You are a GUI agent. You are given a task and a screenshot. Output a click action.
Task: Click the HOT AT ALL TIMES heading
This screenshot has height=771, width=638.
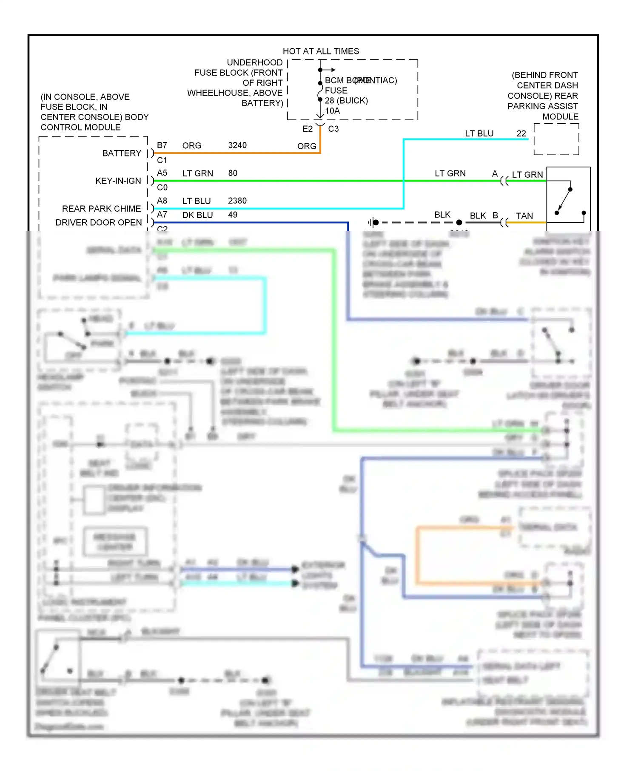point(321,51)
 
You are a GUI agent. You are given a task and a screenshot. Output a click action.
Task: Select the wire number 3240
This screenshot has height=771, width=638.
point(237,145)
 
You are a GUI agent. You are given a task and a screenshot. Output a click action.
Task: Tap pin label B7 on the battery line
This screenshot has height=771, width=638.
point(162,145)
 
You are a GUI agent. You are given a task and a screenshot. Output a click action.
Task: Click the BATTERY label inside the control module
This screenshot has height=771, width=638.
point(122,153)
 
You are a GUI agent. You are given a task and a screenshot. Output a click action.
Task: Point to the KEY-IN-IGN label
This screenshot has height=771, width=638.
point(118,181)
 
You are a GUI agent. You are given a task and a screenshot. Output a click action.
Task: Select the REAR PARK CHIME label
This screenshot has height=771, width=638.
point(101,209)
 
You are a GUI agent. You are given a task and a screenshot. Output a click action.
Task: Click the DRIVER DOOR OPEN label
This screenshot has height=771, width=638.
point(99,223)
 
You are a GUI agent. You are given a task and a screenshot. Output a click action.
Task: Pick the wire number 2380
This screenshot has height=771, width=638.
point(237,201)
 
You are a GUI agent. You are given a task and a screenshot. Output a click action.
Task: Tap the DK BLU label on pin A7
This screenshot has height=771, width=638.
point(197,215)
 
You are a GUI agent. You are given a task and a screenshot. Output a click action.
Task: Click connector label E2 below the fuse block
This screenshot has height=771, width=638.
point(308,129)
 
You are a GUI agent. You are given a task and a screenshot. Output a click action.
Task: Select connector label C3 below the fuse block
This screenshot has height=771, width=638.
point(333,129)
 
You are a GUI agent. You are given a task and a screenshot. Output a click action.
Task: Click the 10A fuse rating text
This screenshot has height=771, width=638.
point(333,111)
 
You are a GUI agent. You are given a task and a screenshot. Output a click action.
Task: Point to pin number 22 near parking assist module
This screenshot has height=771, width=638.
point(521,133)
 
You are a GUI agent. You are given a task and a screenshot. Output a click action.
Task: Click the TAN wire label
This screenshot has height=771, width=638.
point(524,216)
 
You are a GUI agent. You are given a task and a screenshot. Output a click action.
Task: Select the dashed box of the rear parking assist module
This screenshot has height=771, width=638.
point(556,139)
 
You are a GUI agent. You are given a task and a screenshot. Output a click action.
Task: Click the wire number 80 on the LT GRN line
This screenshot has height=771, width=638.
point(233,173)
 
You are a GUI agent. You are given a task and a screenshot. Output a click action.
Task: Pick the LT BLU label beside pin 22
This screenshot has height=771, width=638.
point(479,133)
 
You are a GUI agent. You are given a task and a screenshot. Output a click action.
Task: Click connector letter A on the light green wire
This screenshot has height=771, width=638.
point(495,173)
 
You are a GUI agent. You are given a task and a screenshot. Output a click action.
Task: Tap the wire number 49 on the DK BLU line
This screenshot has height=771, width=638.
point(233,215)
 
